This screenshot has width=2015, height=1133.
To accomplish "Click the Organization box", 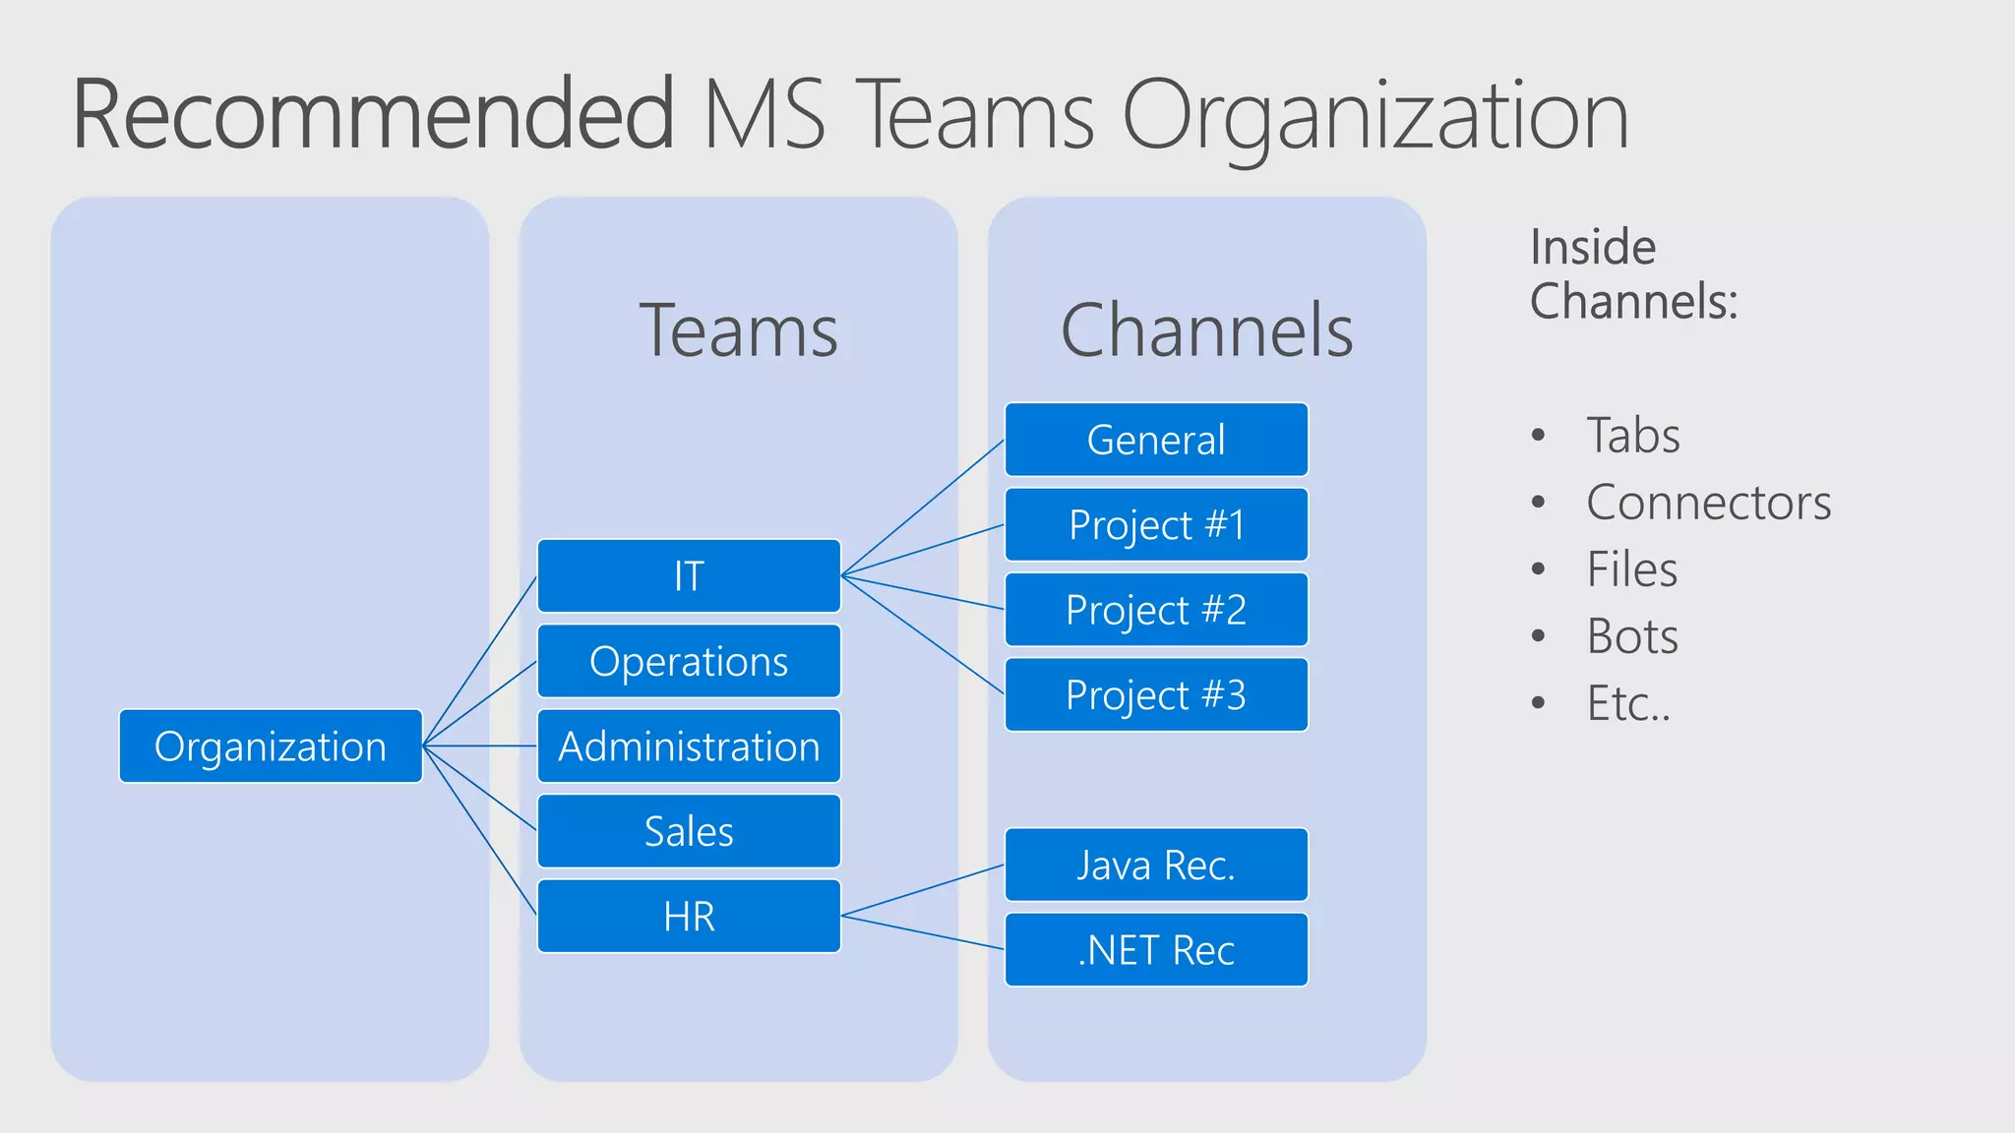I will (271, 746).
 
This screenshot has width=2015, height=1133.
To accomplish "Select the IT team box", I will (689, 576).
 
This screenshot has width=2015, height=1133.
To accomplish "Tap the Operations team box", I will (689, 661).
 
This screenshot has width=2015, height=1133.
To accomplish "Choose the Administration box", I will (689, 746).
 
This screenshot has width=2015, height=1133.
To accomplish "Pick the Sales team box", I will (689, 831).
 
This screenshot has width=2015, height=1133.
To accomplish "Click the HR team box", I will (689, 917).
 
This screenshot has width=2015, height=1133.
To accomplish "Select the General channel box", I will (1156, 440).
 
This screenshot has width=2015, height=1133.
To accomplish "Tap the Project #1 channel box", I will (1156, 525).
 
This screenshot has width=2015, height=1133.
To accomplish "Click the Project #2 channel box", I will (1156, 610).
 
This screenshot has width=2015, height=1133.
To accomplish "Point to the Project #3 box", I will (1156, 695).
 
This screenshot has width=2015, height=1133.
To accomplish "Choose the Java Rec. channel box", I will (1156, 865).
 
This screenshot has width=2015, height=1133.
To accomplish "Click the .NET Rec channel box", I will (1156, 950).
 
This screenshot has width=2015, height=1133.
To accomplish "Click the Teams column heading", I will (738, 331).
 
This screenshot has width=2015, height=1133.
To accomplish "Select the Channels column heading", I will (1206, 331).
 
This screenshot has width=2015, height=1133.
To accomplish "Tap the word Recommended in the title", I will (374, 116).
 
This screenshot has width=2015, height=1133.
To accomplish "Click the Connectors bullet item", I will (1708, 503).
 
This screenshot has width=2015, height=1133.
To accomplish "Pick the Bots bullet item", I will (1632, 636).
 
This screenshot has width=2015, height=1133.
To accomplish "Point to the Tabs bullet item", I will (1633, 436).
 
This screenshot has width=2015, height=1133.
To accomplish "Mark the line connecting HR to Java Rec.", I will (923, 891).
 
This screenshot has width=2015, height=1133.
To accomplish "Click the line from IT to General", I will (923, 507).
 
